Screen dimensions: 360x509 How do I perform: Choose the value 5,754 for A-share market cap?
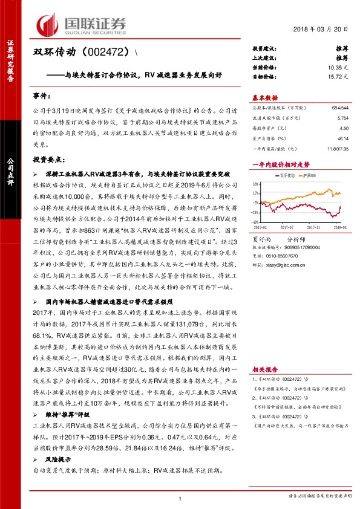[342, 118]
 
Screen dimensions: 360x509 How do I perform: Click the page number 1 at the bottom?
[180, 498]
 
